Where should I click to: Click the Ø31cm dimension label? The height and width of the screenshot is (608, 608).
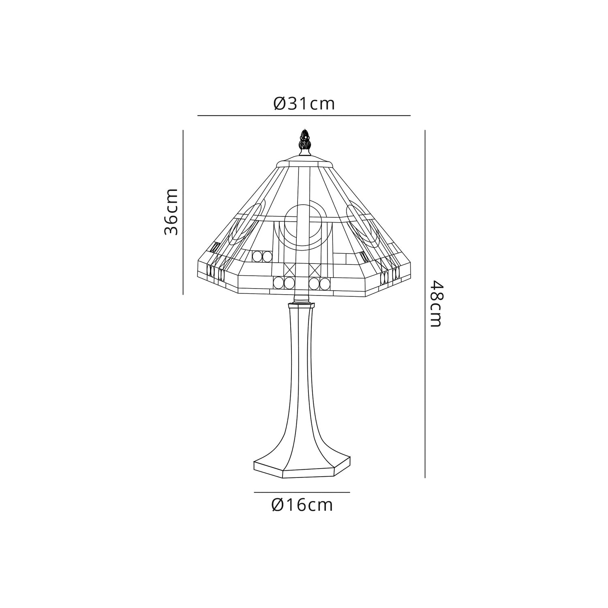[x=304, y=104]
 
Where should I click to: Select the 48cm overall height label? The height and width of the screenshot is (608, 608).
[x=436, y=304]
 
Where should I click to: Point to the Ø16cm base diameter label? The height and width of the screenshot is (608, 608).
[x=302, y=505]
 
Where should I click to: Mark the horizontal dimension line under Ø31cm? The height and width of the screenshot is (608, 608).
[x=304, y=116]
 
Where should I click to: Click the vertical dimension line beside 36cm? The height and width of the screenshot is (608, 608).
[x=183, y=212]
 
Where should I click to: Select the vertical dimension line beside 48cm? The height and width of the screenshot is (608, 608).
[x=424, y=304]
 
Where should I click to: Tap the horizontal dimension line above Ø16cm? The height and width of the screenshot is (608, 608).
[x=302, y=492]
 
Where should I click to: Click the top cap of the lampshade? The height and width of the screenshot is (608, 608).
[x=304, y=162]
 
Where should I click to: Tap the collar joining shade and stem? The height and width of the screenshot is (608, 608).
[x=301, y=303]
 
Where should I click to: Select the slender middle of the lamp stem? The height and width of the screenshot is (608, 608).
[x=301, y=365]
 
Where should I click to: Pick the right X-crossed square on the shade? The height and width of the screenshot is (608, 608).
[x=315, y=269]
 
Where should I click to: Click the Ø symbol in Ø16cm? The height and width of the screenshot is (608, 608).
[x=278, y=505]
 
